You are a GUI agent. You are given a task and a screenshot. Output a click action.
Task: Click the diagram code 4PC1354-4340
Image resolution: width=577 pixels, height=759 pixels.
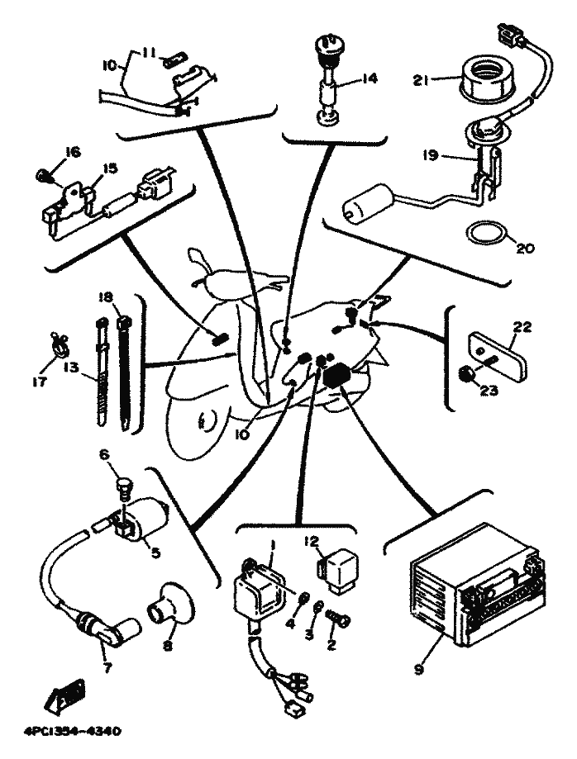pyautogui.click(x=80, y=731)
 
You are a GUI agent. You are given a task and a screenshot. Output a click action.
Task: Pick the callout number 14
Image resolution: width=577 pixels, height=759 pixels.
pyautogui.click(x=369, y=79)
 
